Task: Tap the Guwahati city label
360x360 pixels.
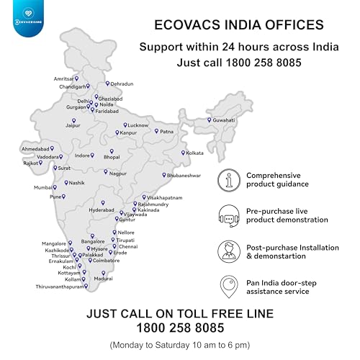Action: point(225,120)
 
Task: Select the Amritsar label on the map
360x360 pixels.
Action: point(63,78)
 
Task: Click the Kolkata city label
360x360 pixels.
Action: point(195,153)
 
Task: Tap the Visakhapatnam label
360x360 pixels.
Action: point(166,197)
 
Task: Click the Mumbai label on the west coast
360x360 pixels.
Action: point(43,187)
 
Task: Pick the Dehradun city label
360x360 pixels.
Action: point(122,84)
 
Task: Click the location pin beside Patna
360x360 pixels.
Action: point(156,131)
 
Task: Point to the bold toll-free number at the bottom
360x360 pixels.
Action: point(180,327)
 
